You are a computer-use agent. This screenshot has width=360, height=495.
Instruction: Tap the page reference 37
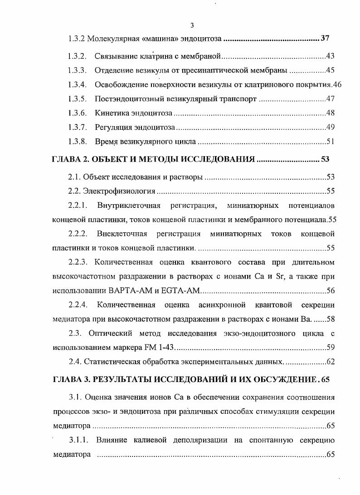point(325,39)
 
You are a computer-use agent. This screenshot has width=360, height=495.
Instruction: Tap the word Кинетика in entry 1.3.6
point(110,113)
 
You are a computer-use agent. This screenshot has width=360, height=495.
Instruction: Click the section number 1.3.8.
point(77,142)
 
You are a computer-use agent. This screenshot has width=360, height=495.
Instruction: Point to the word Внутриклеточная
point(129,206)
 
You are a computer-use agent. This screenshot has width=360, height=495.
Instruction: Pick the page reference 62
point(330,362)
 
